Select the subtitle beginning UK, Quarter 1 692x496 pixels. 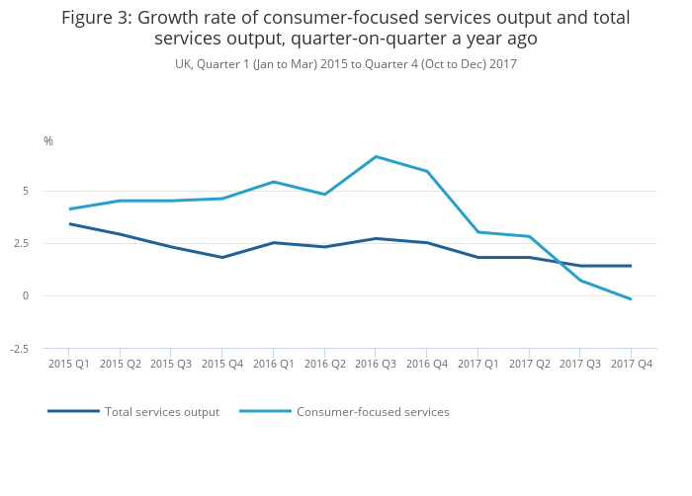346,64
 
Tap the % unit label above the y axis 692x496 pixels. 48,141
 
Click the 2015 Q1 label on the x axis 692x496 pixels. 69,364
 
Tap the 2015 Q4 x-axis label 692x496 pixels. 222,364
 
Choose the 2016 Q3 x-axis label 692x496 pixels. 376,364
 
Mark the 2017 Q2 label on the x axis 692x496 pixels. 529,364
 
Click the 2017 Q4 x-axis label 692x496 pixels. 631,364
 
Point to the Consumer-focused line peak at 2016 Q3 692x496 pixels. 376,156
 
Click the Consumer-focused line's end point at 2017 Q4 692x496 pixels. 631,299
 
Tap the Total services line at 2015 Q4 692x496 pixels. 222,258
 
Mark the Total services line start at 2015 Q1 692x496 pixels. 69,223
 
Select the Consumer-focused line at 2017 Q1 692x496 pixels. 477,232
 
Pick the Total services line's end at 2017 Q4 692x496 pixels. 631,266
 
